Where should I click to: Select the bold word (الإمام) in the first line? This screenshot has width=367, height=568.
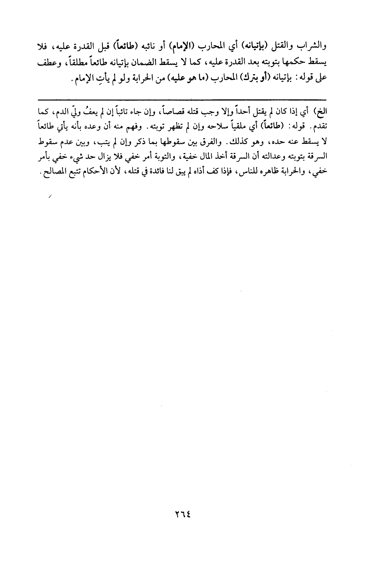pos(183,48)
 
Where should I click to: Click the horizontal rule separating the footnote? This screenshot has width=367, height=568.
pos(183,100)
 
